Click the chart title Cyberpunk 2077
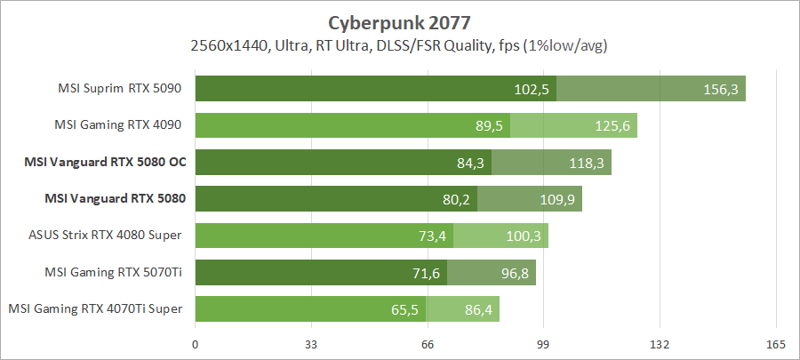click(399, 20)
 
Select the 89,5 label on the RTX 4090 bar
click(490, 125)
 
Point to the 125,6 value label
click(612, 125)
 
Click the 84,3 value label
click(471, 163)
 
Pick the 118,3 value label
click(587, 163)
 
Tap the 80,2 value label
click(457, 199)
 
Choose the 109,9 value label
click(557, 199)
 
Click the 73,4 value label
click(433, 236)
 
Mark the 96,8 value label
click(515, 273)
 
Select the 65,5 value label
click(405, 309)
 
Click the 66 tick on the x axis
click(428, 344)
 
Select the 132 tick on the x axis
click(660, 344)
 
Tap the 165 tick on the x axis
click(776, 344)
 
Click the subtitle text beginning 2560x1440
click(399, 44)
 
